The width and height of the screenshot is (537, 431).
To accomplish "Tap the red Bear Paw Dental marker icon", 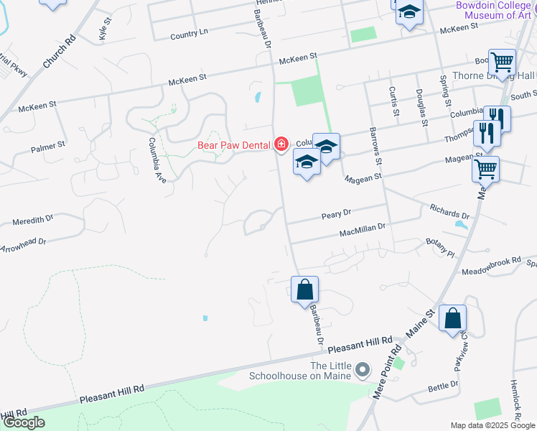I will (x=281, y=144).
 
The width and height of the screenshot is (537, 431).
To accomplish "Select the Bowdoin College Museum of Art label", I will (x=495, y=10).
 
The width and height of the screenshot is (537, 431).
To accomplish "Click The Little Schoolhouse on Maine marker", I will (x=363, y=371).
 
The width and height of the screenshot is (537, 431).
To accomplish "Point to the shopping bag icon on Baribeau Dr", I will (x=305, y=290).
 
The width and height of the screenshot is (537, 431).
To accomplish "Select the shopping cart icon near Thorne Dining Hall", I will (x=502, y=62).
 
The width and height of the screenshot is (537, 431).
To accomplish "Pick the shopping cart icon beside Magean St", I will (x=485, y=170).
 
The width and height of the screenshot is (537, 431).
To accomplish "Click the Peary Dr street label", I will (x=336, y=214).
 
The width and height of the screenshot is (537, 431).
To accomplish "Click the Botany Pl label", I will (x=440, y=249).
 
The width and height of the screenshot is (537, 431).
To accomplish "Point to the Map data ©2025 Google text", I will (x=492, y=425).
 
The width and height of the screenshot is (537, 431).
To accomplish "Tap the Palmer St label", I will (x=48, y=147).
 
